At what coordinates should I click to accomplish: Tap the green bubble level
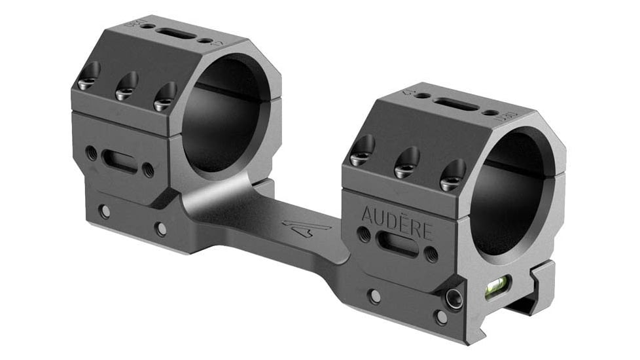[x=495, y=285]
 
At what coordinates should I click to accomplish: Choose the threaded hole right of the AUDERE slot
[x=432, y=254]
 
